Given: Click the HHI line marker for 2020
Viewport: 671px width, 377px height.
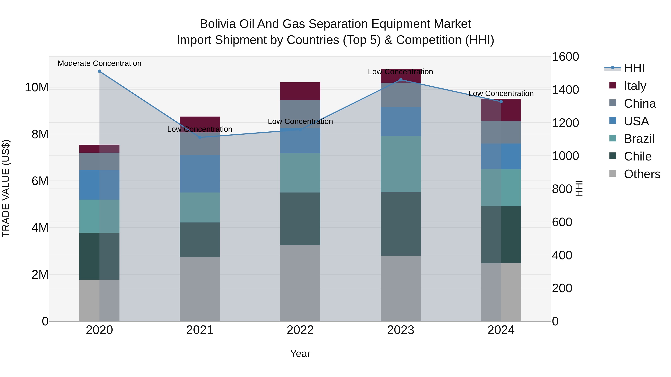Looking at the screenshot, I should pyautogui.click(x=99, y=71).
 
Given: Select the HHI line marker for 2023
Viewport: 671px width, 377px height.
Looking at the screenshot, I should pyautogui.click(x=401, y=80).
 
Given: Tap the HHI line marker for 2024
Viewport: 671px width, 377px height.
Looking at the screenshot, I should pyautogui.click(x=501, y=102).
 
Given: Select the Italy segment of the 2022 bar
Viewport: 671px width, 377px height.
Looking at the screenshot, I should pyautogui.click(x=300, y=91).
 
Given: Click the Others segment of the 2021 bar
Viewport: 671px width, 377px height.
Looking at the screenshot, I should pyautogui.click(x=200, y=289).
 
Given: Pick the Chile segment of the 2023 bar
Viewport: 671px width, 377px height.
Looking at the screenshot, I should pyautogui.click(x=401, y=224).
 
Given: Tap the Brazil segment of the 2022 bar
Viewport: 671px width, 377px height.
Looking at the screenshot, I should pyautogui.click(x=300, y=173).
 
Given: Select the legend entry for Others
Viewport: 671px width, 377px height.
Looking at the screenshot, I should pyautogui.click(x=642, y=174).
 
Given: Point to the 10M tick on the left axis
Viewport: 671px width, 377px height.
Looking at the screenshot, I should pyautogui.click(x=37, y=88).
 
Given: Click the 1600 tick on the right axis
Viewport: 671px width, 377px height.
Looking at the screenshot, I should pyautogui.click(x=565, y=57).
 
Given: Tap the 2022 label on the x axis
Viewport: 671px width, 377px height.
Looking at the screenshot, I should pyautogui.click(x=300, y=330).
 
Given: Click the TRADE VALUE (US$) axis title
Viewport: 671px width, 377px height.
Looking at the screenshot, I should pyautogui.click(x=6, y=188).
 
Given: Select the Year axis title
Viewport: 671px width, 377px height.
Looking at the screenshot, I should pyautogui.click(x=300, y=354).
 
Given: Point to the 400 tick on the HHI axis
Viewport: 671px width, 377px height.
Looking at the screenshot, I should pyautogui.click(x=562, y=255).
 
